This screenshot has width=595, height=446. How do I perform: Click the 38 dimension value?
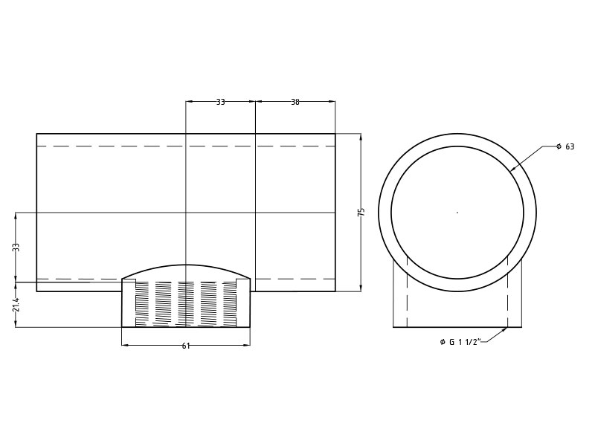coord(295,102)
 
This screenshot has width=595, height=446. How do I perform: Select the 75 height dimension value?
coord(361,212)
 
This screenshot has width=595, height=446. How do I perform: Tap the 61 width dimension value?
coord(186,346)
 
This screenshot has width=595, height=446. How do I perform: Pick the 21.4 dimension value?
coord(16,305)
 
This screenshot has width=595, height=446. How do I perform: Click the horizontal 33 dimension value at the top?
coord(220,102)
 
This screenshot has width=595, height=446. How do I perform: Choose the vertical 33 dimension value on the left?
coord(16,247)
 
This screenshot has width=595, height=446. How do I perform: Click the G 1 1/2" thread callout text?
coord(461,342)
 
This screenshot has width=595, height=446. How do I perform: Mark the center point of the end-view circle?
coord(457,213)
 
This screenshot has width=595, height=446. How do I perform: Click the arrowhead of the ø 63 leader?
coord(512,170)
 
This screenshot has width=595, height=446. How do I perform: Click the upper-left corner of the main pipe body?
coord(36,134)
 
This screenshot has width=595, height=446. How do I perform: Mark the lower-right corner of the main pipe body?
coord(335,291)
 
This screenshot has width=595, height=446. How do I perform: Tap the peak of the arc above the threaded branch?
coord(186,265)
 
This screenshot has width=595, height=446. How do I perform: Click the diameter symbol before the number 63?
coord(559,146)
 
